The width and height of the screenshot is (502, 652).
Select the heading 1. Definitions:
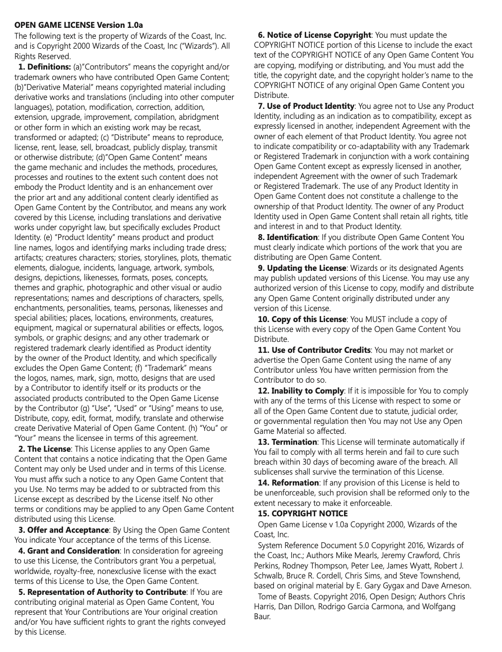tap(44, 67)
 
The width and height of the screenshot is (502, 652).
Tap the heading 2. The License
tap(44, 449)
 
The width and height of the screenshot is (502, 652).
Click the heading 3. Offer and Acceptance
tap(63, 530)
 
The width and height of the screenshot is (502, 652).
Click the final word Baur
tap(262, 617)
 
